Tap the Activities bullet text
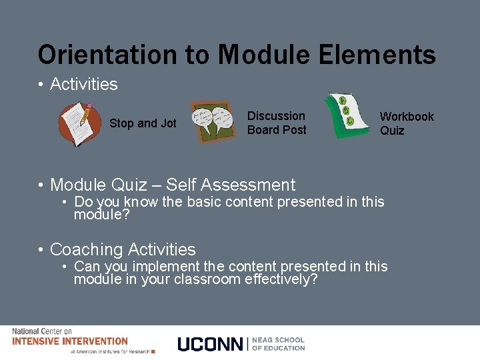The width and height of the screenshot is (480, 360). click(83, 85)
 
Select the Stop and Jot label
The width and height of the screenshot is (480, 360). click(143, 123)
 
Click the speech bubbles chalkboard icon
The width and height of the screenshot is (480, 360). click(213, 121)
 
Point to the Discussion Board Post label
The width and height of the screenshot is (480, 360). click(277, 123)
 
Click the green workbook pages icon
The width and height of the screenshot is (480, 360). click(347, 116)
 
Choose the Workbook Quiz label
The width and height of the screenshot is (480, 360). click(406, 123)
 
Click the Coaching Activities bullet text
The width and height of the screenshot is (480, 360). click(123, 250)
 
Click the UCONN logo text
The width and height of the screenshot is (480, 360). click(211, 344)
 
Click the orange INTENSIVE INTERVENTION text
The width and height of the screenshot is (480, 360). click(69, 341)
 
